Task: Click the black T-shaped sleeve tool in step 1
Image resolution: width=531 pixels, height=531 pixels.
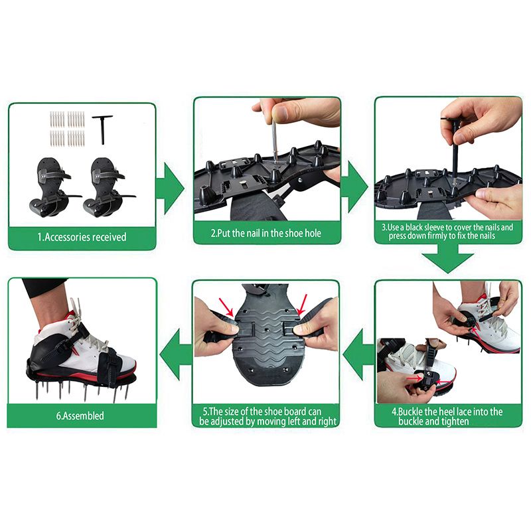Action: click(102, 126)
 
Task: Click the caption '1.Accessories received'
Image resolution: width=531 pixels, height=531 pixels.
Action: click(82, 237)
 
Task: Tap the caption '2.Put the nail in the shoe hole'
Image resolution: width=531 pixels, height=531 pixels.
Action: click(266, 233)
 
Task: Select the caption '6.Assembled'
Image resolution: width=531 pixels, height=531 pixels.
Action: click(80, 416)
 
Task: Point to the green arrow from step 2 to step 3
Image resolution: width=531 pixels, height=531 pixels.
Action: click(354, 187)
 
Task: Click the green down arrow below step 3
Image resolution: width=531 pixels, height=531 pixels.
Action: click(448, 258)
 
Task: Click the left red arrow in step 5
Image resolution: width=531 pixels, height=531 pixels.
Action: click(226, 307)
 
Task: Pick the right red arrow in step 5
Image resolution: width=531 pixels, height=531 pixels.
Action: click(301, 304)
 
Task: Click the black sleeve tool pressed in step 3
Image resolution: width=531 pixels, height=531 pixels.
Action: click(454, 146)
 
